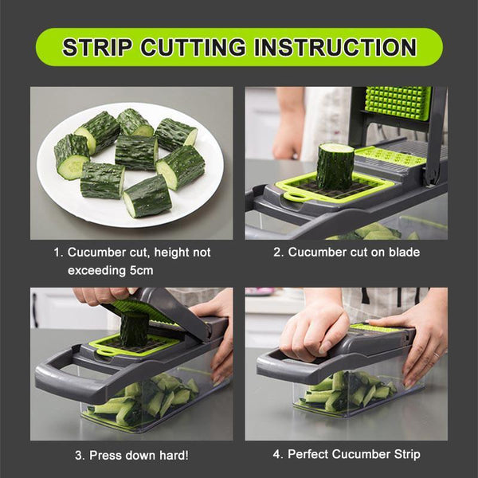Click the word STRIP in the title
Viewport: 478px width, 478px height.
tap(97, 46)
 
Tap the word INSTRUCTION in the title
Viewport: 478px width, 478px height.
tap(335, 46)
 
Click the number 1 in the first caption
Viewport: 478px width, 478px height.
tap(57, 253)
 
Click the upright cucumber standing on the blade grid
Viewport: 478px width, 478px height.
tap(335, 166)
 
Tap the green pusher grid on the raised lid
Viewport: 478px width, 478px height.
tap(398, 103)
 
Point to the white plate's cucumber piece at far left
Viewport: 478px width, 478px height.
tap(72, 156)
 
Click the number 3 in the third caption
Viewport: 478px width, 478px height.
tap(79, 456)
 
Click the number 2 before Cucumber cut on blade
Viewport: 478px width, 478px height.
tap(277, 253)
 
